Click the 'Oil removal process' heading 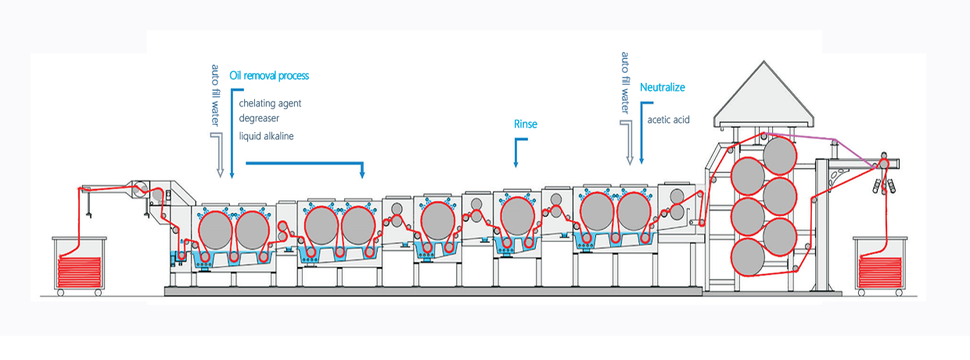click(x=269, y=76)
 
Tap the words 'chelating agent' click(x=270, y=103)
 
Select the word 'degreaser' click(x=259, y=118)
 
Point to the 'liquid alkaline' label click(x=266, y=136)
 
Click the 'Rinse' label click(x=525, y=124)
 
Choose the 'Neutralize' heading click(x=663, y=88)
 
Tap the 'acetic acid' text click(x=668, y=120)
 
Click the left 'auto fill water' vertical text click(x=215, y=95)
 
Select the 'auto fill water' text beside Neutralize click(x=625, y=83)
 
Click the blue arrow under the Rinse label click(x=516, y=153)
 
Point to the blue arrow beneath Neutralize click(x=641, y=132)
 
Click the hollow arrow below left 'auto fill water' click(x=220, y=155)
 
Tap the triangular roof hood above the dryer click(x=763, y=95)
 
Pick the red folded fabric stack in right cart click(x=880, y=272)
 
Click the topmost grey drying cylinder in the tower click(x=779, y=156)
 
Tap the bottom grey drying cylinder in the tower click(x=748, y=257)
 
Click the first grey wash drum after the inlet click(x=215, y=230)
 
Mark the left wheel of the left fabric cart click(x=61, y=293)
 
